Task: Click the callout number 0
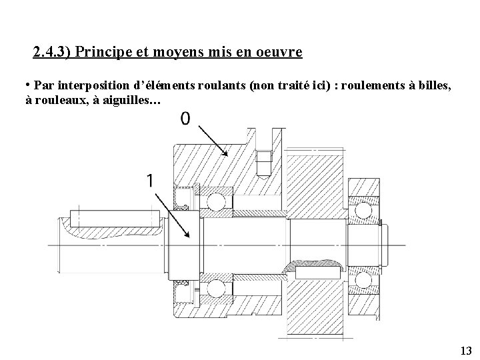point(185,119)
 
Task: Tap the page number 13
point(465,351)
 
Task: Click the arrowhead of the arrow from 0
point(226,155)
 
